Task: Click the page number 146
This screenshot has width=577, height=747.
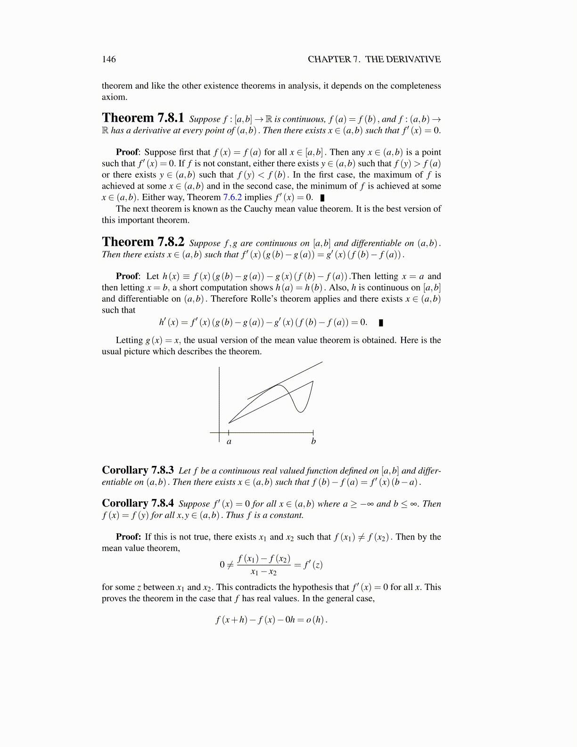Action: click(109, 59)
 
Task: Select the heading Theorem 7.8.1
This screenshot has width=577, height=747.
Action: click(143, 118)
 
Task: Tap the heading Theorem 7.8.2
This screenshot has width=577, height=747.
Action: click(143, 242)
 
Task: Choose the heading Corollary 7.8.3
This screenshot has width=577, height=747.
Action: click(138, 470)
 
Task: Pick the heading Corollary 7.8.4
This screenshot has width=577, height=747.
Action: click(138, 503)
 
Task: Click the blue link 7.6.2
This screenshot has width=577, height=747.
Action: click(232, 198)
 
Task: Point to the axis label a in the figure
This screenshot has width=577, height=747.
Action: click(229, 442)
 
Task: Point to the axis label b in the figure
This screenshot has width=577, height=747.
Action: click(313, 441)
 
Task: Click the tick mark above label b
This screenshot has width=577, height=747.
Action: click(313, 432)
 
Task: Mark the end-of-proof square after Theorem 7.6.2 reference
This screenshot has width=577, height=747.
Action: click(322, 198)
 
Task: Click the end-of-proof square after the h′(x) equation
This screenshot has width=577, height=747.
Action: click(381, 323)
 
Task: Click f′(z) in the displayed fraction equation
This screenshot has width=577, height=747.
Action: click(313, 564)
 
